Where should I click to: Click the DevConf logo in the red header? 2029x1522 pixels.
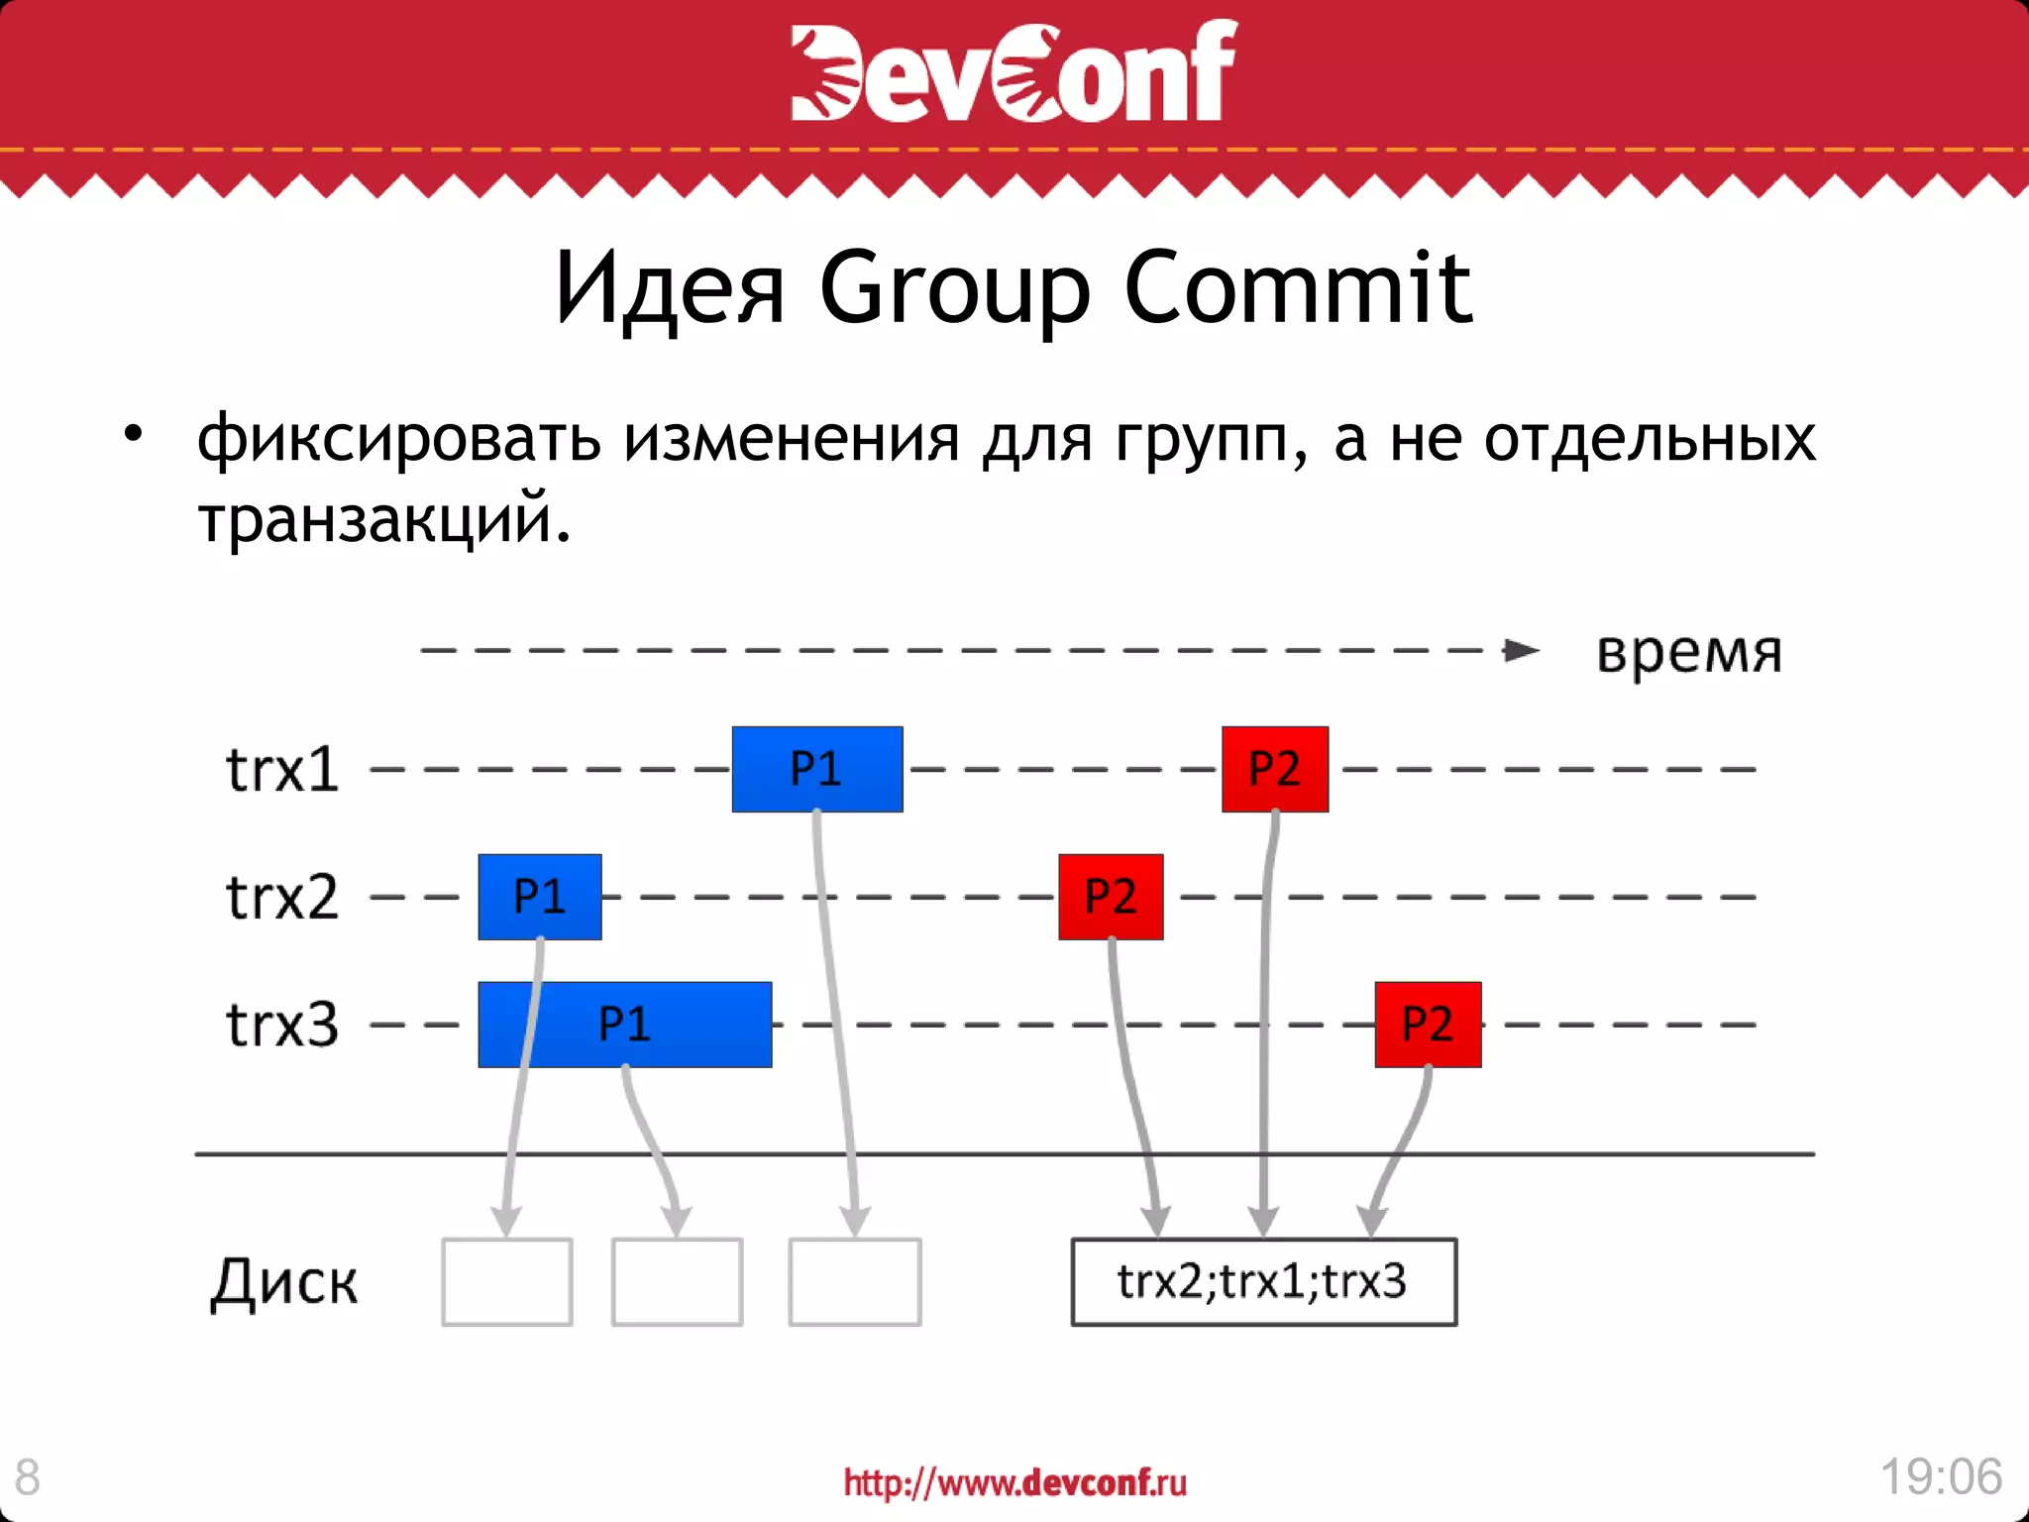(x=1014, y=71)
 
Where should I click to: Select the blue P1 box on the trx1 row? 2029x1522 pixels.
(x=817, y=769)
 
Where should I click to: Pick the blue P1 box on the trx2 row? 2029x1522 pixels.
(x=539, y=897)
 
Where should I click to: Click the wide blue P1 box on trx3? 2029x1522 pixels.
(x=624, y=1025)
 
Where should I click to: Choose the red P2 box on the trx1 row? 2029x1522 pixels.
(x=1274, y=769)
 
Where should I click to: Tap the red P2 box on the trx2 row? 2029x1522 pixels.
(x=1111, y=897)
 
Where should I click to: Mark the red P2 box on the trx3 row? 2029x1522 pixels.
(x=1428, y=1025)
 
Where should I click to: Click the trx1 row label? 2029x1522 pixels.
(x=282, y=769)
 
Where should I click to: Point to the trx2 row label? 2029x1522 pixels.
(x=282, y=897)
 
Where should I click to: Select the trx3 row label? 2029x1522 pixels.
(x=282, y=1025)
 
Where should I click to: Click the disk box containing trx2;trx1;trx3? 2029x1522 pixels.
(x=1263, y=1281)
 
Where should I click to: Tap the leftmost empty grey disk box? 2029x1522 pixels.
(x=506, y=1281)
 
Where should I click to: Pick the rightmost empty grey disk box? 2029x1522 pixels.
(x=854, y=1281)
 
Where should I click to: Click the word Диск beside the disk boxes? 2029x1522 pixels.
(x=284, y=1283)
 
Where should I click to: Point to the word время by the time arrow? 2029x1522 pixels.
(x=1689, y=654)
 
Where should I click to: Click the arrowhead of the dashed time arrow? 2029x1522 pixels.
(x=1521, y=650)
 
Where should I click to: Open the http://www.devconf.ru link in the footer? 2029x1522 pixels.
(x=1014, y=1482)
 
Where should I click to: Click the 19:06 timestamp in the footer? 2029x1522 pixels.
(x=1941, y=1476)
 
